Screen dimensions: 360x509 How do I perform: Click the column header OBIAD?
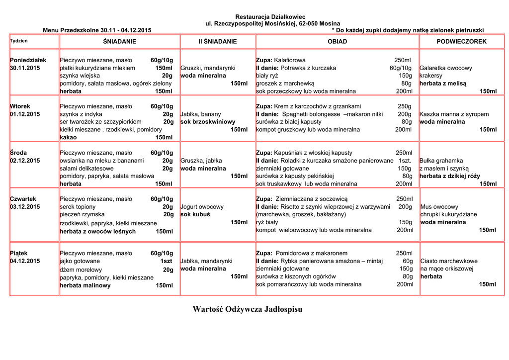(x=337, y=42)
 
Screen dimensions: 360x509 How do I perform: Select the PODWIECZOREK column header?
(x=461, y=42)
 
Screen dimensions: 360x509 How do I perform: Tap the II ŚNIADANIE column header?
(x=218, y=42)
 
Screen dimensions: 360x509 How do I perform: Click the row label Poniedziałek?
(x=28, y=60)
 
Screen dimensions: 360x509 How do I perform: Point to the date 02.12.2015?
(x=25, y=161)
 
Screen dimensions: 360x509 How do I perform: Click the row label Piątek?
(x=19, y=253)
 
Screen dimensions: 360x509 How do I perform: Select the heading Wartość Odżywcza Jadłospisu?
(x=247, y=309)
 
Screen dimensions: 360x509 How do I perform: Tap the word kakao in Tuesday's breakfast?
(x=68, y=137)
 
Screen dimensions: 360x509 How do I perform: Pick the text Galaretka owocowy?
(x=446, y=68)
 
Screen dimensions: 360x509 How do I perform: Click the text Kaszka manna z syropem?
(x=454, y=114)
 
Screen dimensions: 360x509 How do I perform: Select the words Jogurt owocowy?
(x=202, y=207)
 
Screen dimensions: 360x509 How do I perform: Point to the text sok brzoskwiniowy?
(x=208, y=122)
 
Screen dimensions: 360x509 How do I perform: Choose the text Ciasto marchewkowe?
(x=449, y=261)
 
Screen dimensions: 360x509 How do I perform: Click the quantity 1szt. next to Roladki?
(x=405, y=161)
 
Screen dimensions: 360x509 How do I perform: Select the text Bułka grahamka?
(x=441, y=161)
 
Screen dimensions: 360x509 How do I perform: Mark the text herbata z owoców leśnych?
(x=97, y=231)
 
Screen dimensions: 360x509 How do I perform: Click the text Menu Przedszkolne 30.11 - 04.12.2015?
(x=97, y=30)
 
